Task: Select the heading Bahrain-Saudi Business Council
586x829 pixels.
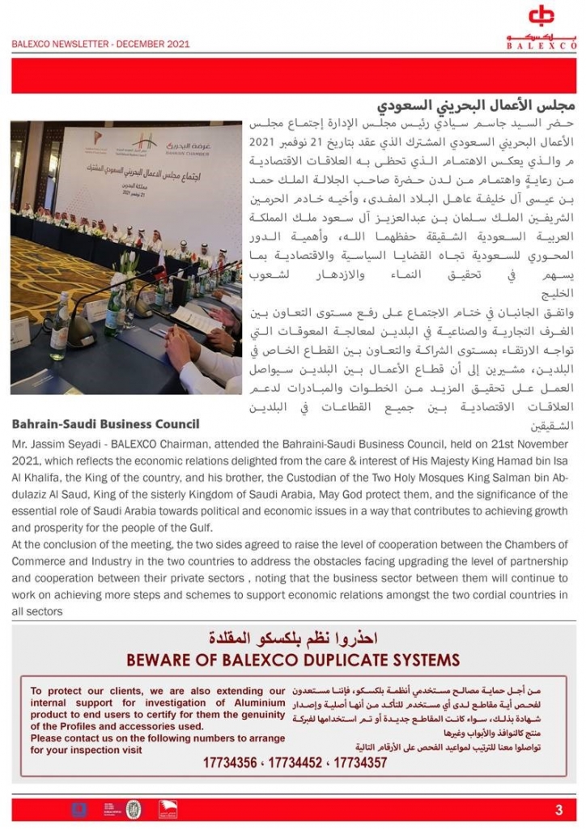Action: pos(106,424)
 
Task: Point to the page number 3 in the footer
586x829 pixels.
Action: pos(558,810)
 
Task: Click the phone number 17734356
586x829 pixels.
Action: pos(230,763)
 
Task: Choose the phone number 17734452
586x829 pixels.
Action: pos(295,763)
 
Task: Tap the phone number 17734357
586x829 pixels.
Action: pos(360,763)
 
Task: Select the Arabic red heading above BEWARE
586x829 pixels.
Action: pos(293,636)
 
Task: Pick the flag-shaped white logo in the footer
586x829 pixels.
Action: pos(167,809)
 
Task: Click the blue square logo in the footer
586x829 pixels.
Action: pos(79,809)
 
